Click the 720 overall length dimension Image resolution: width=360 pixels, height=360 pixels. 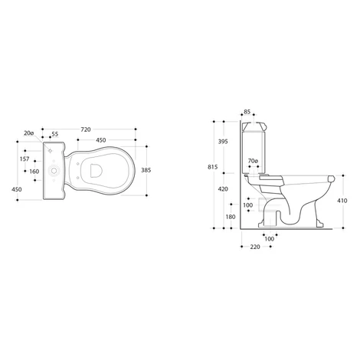(x=86, y=129)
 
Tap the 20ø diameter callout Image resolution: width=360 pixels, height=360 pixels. (x=29, y=133)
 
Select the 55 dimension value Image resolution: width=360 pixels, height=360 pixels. (x=55, y=134)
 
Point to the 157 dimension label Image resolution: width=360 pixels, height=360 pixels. (x=25, y=159)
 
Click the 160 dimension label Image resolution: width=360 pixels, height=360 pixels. (x=34, y=172)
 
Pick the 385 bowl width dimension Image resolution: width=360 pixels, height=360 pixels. (x=146, y=170)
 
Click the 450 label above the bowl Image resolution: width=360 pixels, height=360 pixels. (x=101, y=140)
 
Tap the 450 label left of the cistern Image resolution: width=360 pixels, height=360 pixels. (x=17, y=189)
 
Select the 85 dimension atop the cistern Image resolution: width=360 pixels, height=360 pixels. (x=247, y=112)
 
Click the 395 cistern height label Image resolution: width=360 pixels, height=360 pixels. (x=223, y=142)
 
